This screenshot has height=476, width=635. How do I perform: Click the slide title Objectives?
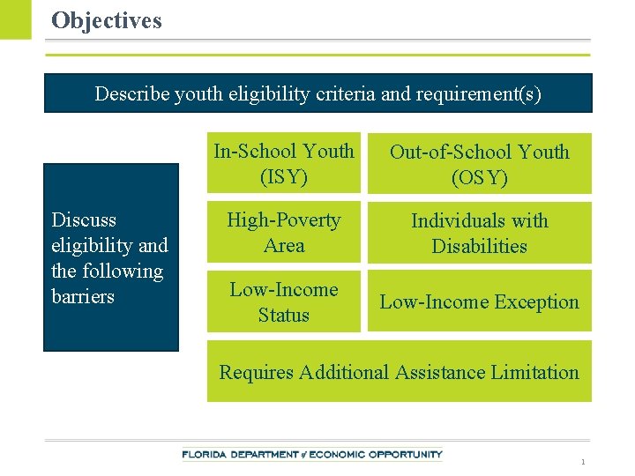point(107,20)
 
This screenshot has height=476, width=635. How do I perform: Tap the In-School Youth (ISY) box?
point(284,163)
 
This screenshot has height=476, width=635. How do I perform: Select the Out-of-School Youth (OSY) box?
point(479,163)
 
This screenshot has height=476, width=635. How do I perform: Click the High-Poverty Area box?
point(284,233)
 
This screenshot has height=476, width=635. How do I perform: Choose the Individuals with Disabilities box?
point(479,233)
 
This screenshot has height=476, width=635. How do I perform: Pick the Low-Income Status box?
point(284,301)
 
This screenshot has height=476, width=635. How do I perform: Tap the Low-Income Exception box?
point(479,301)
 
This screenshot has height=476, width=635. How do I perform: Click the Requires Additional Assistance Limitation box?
point(399,372)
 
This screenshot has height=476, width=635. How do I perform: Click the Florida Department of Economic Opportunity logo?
point(312,455)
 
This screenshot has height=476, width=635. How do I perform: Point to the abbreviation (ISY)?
point(284,176)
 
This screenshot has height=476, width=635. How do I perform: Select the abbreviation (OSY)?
point(479,177)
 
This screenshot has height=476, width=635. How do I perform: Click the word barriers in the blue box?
point(83,296)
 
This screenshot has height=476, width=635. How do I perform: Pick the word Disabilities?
point(479,246)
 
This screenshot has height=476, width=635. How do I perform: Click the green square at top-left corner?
point(15,19)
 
